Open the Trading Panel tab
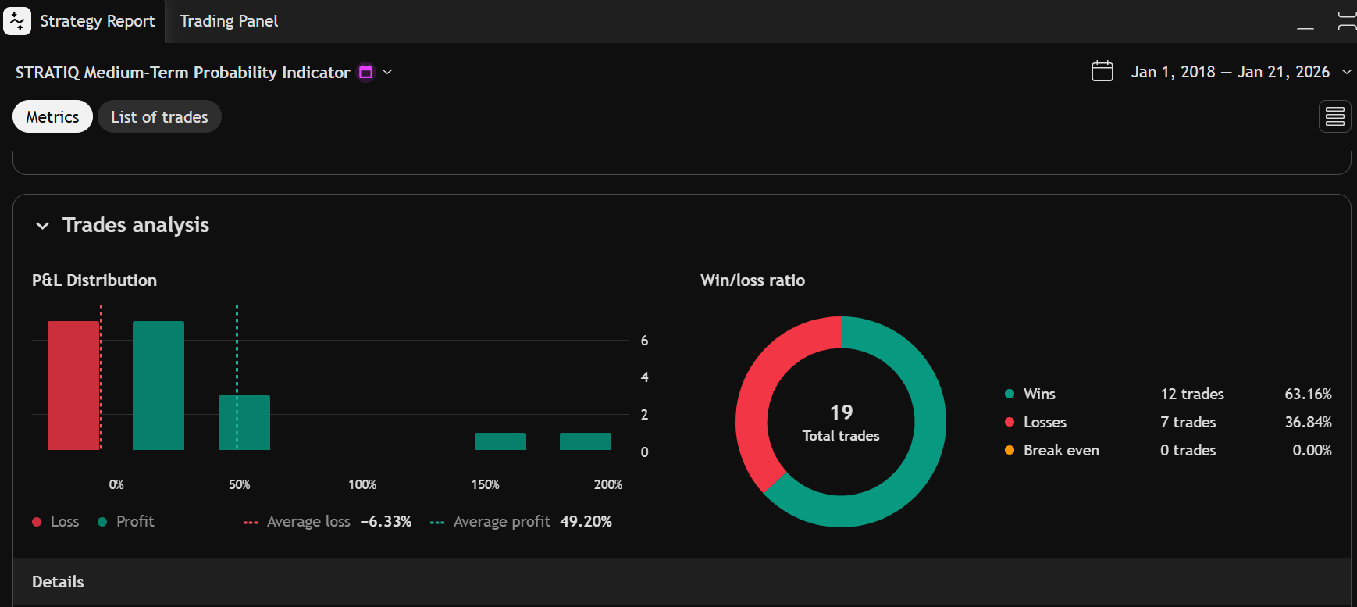229,21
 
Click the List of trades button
159,117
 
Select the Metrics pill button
52,117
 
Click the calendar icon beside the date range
1102,71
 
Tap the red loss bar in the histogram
73,385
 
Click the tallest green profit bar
158,385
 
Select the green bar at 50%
244,423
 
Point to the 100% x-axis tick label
362,484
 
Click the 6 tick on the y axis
644,341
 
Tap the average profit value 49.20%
586,521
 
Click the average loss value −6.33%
386,521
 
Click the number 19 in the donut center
841,412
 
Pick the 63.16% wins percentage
1308,394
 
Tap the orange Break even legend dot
1010,450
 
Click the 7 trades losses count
1188,422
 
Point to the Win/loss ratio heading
753,280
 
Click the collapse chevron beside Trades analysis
43,226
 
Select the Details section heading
58,582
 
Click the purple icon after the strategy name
365,72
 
